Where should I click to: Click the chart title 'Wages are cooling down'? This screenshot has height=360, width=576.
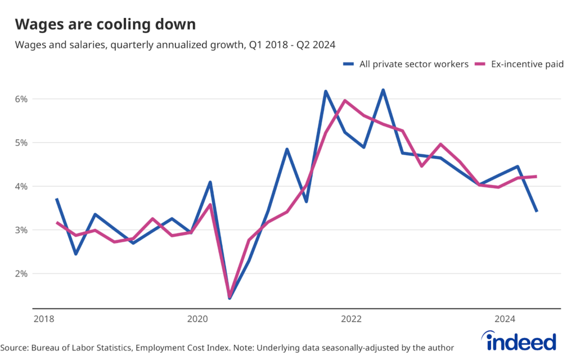[x=105, y=24]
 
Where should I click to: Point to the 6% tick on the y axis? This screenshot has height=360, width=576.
[x=21, y=99]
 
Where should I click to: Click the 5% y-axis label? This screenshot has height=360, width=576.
[x=21, y=143]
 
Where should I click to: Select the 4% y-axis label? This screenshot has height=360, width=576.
[x=21, y=186]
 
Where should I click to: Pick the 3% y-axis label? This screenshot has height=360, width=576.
[x=21, y=230]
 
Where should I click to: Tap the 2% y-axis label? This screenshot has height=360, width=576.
[x=21, y=274]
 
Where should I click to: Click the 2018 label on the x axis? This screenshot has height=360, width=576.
[x=43, y=319]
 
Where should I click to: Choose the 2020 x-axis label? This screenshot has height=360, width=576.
[x=197, y=319]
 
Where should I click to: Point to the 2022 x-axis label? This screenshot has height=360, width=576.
[x=351, y=319]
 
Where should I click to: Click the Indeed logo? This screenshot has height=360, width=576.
[x=520, y=341]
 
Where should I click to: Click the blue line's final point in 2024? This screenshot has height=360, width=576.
[x=537, y=211]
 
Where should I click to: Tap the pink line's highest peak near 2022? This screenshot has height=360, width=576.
[x=344, y=101]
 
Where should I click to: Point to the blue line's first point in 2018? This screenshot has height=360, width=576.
[x=57, y=199]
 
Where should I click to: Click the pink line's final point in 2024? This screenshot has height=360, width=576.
[x=537, y=177]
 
